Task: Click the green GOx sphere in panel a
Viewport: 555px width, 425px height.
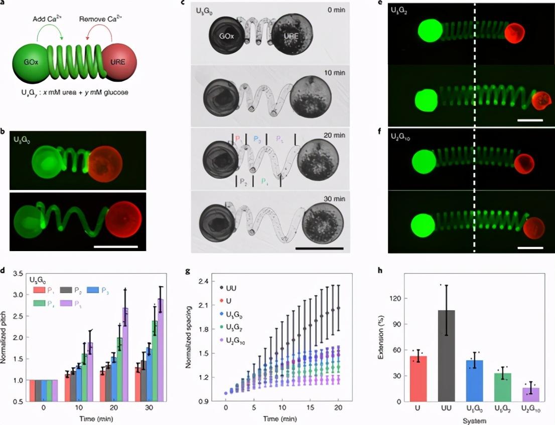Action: [31, 64]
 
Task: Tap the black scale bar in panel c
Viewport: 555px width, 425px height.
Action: [319, 248]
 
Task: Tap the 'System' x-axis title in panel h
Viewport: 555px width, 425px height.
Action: [476, 421]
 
